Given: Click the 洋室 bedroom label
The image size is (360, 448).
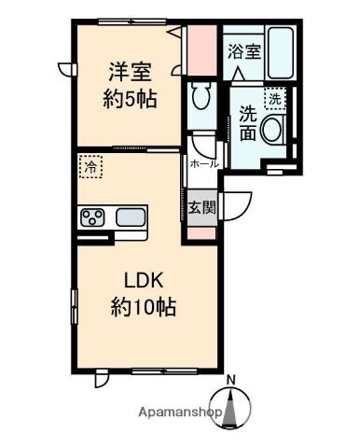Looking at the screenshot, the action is (130, 72).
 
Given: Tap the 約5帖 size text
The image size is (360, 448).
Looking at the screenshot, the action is (130, 98).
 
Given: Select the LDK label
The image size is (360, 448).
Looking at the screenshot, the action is (144, 281).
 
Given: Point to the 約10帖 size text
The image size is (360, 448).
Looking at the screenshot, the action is (144, 307).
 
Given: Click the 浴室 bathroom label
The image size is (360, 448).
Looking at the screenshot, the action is (244, 51).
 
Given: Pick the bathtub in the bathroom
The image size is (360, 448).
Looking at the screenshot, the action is (281, 53).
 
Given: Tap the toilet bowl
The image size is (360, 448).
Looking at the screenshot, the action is (201, 95).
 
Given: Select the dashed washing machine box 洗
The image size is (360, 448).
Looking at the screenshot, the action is (275, 99).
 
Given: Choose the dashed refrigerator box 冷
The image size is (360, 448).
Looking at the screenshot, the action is (90, 167).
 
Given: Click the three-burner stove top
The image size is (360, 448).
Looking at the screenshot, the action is (92, 217).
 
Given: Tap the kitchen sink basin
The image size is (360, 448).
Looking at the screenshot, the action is (131, 217).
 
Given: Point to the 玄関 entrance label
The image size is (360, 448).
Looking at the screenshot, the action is (202, 207).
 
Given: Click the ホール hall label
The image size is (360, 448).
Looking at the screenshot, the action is (204, 163).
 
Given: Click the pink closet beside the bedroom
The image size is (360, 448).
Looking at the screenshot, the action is (202, 50).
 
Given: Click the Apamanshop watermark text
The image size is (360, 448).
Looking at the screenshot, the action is (180, 413).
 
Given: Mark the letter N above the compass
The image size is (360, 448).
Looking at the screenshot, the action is (230, 380).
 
